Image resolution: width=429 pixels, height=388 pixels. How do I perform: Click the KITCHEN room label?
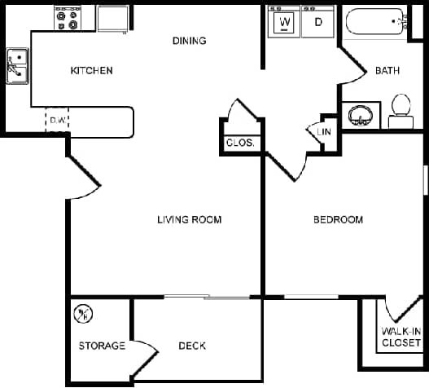91,71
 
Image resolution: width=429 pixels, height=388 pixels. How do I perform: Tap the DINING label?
189,41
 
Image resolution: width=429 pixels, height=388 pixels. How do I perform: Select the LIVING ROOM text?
190,219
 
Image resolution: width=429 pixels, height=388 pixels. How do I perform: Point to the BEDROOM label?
338,219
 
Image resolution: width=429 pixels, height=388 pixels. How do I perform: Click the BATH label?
387,71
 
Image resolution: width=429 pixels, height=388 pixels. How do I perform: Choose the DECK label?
191,346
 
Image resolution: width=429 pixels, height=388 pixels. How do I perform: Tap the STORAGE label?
102,346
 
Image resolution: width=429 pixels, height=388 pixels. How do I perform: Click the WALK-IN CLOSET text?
401,337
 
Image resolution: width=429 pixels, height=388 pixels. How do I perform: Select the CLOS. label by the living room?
240,143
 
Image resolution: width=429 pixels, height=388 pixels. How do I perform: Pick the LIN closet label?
324,131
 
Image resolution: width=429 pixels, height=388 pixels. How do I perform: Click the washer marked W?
285,23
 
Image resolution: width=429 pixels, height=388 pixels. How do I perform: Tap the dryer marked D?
317,23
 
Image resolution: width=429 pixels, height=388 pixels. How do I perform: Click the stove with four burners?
66,18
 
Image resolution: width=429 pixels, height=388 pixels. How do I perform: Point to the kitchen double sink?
16,68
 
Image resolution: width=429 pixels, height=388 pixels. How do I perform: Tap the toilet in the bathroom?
400,109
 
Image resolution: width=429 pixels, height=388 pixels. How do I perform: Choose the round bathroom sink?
359,115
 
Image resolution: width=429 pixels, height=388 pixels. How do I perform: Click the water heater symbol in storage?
84,313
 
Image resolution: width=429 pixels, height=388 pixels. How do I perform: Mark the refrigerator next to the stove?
112,18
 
